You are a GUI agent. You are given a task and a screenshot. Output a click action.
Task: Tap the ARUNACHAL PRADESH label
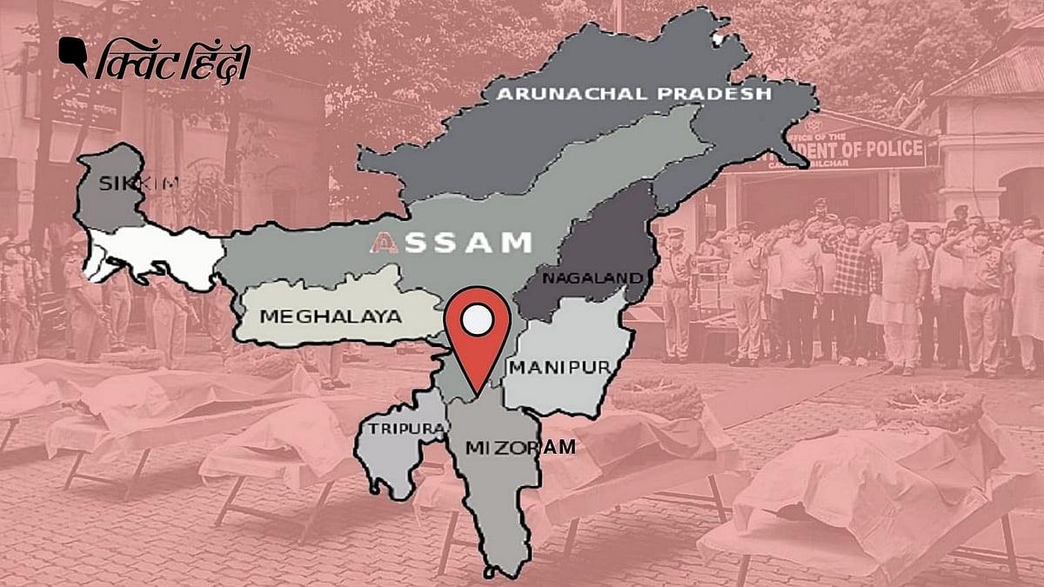634,92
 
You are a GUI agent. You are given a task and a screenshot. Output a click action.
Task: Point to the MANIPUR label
559,367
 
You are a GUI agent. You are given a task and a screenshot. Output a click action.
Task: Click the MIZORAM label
520,447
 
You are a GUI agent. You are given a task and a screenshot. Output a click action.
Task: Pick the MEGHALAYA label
331,317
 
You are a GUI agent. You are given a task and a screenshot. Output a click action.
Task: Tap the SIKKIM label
127,183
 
